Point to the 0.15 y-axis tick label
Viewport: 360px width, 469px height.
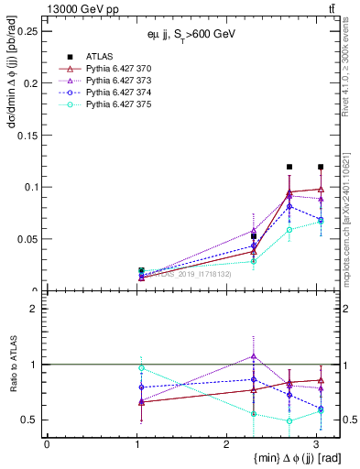[x=27, y=135]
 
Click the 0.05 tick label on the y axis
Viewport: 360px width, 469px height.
[x=27, y=239]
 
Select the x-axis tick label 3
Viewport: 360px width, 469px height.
[x=317, y=443]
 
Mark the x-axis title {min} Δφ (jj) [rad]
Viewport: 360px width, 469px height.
[x=267, y=458]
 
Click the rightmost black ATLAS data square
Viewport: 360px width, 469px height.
[x=321, y=167]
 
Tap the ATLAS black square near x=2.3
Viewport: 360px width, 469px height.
[x=254, y=236]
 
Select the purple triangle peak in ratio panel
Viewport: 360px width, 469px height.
[x=254, y=355]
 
